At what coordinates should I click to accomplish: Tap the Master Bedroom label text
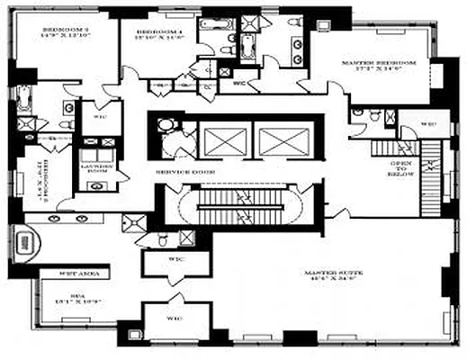pyautogui.click(x=378, y=62)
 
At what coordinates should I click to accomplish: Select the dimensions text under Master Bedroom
pyautogui.click(x=379, y=70)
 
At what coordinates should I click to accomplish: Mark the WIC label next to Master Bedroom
pyautogui.click(x=428, y=123)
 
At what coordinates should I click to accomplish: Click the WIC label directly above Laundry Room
pyautogui.click(x=99, y=116)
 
